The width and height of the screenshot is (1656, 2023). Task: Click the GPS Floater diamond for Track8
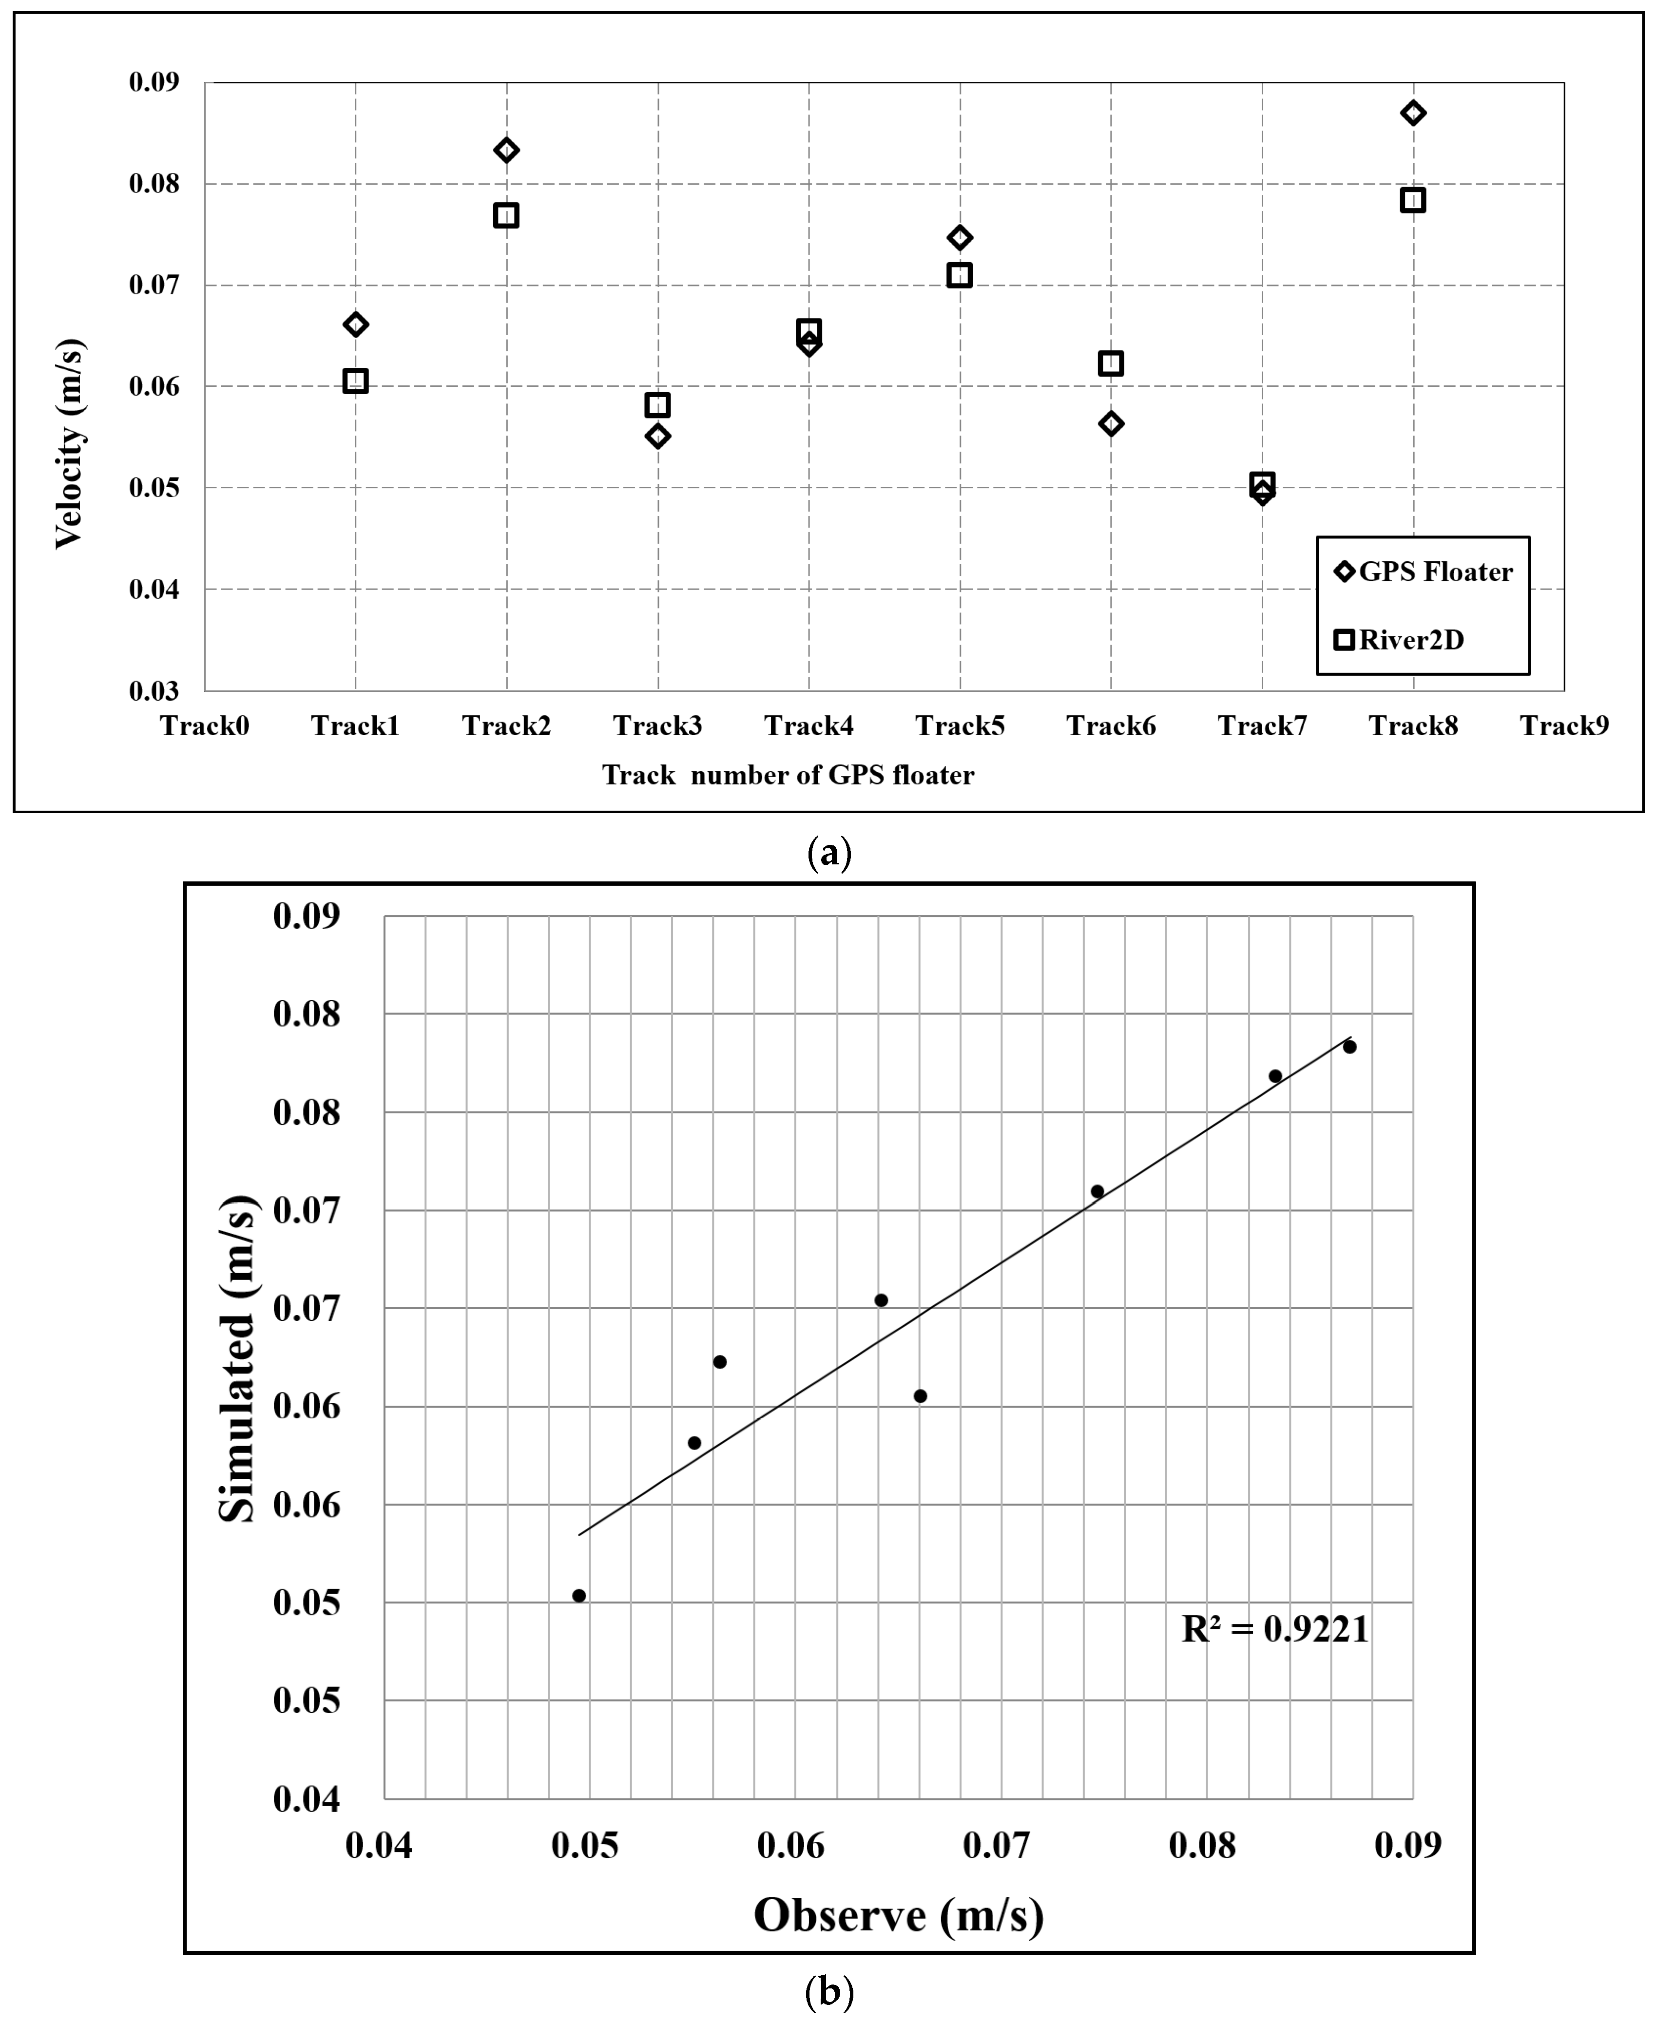click(1413, 113)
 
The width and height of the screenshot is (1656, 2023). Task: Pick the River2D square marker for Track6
click(1110, 363)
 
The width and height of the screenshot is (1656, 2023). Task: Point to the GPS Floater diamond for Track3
click(657, 436)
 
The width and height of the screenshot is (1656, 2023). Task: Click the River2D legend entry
click(1399, 640)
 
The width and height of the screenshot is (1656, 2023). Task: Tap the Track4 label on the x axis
click(809, 727)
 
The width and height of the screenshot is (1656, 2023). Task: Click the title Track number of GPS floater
click(788, 776)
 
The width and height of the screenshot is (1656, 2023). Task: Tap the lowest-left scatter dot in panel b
click(579, 1596)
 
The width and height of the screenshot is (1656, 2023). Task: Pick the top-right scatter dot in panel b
click(1350, 1046)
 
